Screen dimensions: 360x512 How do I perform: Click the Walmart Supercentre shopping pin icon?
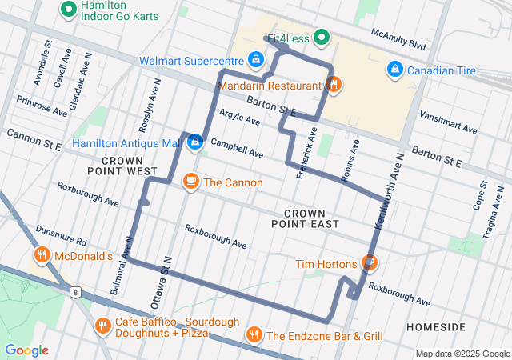255,60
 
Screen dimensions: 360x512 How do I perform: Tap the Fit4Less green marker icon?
322,36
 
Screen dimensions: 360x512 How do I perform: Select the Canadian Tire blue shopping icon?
394,70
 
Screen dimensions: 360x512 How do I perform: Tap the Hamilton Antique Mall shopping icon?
194,143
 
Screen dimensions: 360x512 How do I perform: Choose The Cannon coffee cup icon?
190,182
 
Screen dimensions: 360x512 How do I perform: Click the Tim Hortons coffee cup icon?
369,262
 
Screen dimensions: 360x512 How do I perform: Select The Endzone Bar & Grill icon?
254,335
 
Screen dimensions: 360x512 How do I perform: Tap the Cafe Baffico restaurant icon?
102,326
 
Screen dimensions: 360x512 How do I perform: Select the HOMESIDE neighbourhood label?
435,328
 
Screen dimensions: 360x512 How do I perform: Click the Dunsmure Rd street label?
60,234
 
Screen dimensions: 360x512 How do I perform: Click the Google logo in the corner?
27,350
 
